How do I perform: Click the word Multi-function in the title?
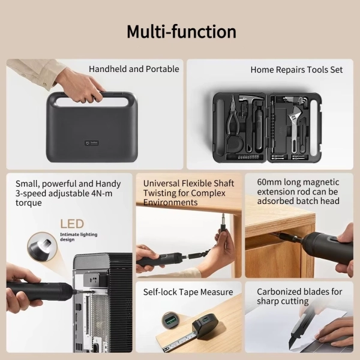pos(181,31)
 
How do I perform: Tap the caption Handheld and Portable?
pos(134,69)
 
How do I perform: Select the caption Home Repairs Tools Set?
pos(296,70)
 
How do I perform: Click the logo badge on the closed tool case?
pos(92,143)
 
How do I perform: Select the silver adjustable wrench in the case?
pos(295,128)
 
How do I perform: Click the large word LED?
pos(72,224)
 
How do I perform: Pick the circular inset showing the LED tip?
pos(42,247)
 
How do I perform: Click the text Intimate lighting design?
pos(79,237)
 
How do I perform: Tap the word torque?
pos(29,203)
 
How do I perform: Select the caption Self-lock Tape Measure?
pos(188,292)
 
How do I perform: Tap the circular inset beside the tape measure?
pos(170,320)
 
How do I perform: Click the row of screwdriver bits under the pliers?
pos(245,157)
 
